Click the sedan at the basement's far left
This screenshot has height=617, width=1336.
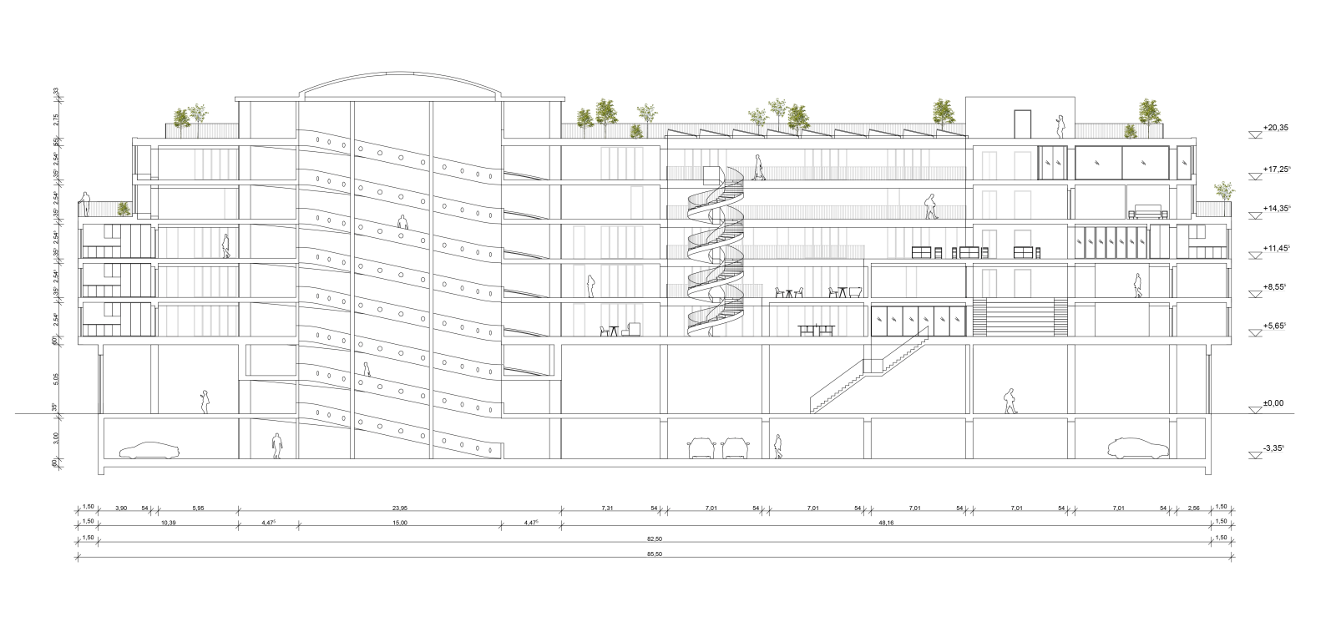[149, 450]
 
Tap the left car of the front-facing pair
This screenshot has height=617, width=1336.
[699, 448]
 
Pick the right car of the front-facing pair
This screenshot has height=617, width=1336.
[734, 448]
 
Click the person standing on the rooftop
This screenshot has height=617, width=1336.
[1060, 126]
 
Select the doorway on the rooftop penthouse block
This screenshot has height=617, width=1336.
[1023, 123]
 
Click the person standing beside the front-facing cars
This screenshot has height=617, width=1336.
[779, 447]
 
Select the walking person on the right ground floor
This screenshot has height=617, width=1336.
[1010, 401]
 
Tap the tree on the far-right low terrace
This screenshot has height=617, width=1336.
[1224, 191]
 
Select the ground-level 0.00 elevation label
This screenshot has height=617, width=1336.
[1273, 403]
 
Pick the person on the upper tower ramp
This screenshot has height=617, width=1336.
[402, 223]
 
